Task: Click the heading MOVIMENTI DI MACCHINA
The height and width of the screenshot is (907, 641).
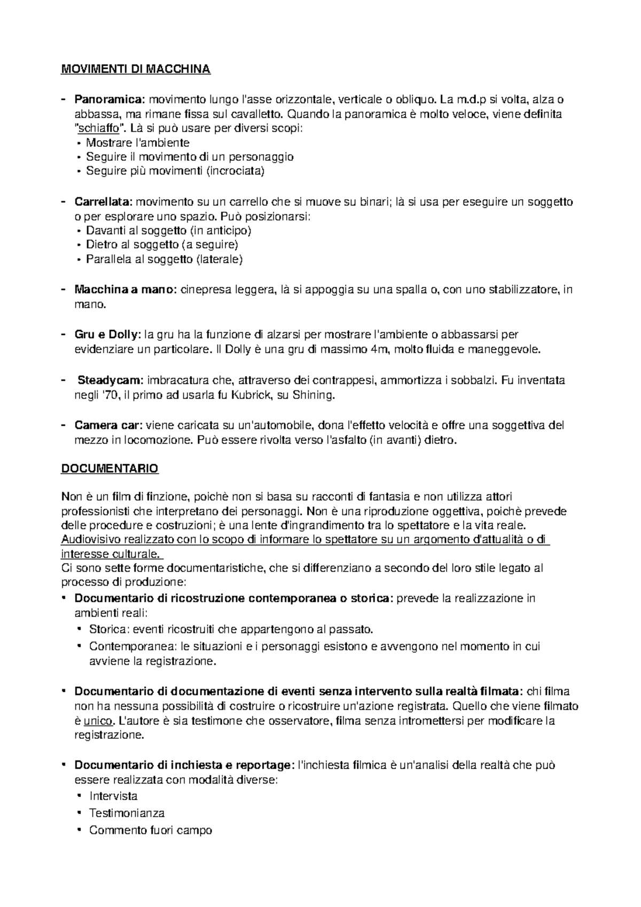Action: coord(136,69)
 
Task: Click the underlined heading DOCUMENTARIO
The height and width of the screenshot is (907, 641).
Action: coord(110,469)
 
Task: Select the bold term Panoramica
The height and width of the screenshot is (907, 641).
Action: coord(110,99)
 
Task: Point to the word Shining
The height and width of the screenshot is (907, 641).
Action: coord(316,395)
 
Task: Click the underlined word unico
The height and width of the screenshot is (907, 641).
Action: coord(98,721)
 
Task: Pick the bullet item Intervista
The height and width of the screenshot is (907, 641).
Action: coord(113,796)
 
